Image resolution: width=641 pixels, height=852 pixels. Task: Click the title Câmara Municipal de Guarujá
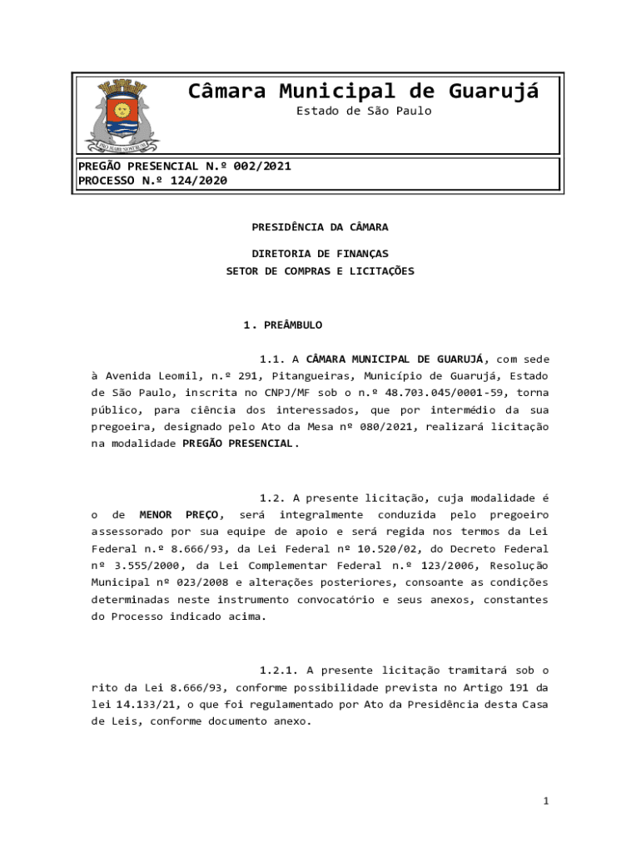pos(363,91)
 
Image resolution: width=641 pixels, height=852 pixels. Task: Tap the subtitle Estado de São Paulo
pos(364,111)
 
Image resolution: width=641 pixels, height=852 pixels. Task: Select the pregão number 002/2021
pos(263,166)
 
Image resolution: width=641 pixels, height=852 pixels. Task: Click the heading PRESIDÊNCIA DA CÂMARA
pos(320,226)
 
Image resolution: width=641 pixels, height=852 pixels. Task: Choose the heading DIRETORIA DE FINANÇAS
pos(320,253)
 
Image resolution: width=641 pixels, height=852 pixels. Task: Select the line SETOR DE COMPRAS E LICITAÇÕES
pos(320,270)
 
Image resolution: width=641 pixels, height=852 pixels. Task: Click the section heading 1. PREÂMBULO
pos(282,324)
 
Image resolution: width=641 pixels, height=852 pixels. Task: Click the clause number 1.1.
pos(272,359)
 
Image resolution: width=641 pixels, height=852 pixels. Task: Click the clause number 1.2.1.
pos(279,669)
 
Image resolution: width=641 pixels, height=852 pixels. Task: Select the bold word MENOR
pos(156,514)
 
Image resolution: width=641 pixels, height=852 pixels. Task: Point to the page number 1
pos(546,801)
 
